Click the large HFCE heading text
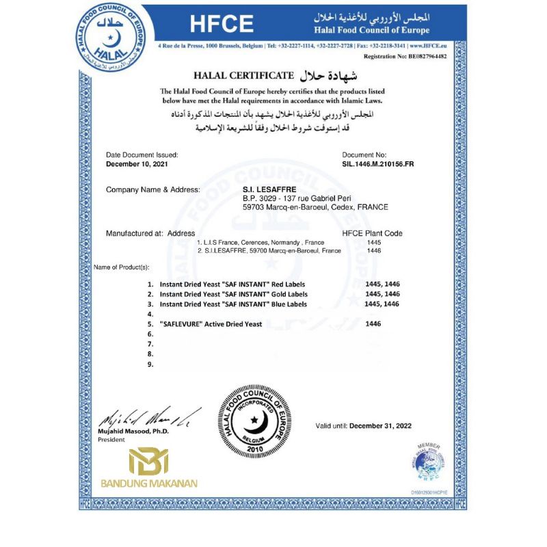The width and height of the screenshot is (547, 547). click(x=222, y=23)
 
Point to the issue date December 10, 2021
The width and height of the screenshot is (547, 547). click(x=136, y=164)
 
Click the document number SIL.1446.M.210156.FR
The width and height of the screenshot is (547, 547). click(x=378, y=164)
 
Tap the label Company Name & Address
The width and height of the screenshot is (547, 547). click(x=153, y=189)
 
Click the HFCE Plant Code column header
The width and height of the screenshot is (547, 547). click(x=372, y=233)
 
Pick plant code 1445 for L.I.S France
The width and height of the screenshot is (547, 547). click(x=374, y=242)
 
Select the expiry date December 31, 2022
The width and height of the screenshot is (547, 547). click(x=381, y=426)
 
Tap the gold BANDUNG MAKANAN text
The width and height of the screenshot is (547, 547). click(x=149, y=483)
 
